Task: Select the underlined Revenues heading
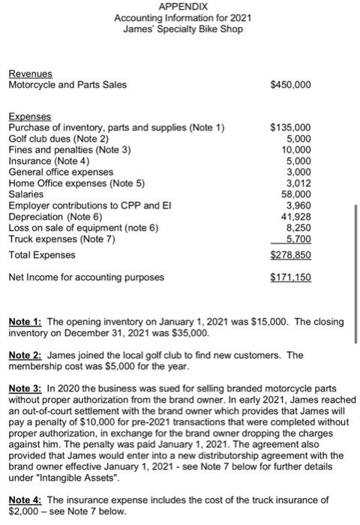[x=30, y=74]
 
